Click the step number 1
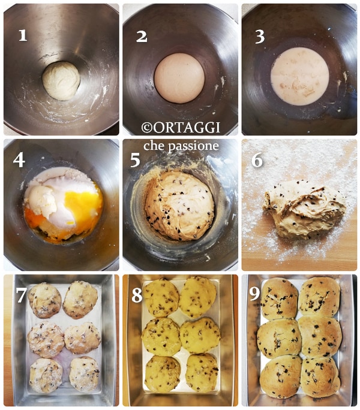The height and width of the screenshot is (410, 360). tap(23, 35)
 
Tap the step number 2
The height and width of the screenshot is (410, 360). tap(142, 37)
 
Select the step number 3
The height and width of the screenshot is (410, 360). tap(260, 37)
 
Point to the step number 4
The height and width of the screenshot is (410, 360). tap(19, 160)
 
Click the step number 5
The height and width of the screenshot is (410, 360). tap(136, 160)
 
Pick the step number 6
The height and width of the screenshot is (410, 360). tap(257, 160)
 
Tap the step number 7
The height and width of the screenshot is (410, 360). tap(21, 295)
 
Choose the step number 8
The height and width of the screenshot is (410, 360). tap(137, 295)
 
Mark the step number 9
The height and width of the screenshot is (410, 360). tap(254, 294)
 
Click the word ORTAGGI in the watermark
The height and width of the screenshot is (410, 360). tap(187, 128)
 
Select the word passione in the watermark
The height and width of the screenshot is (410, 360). tap(193, 146)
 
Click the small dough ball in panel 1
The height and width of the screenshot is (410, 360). tap(61, 81)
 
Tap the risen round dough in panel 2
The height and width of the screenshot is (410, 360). tap(179, 78)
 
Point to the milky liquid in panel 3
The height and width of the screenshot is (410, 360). tap(300, 77)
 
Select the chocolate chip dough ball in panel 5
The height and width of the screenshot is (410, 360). tap(180, 206)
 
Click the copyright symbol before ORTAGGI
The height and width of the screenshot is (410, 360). tap(147, 128)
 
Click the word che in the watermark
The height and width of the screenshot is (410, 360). tap(154, 146)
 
